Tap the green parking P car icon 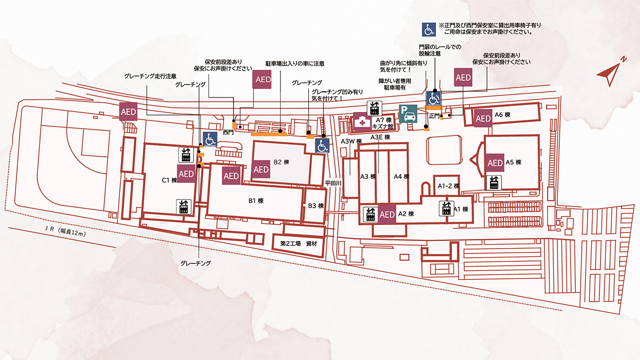[408, 114]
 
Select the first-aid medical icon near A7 [361, 121]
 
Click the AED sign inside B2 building [261, 169]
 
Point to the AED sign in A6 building [483, 118]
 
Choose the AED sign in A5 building [495, 163]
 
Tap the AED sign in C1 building [186, 173]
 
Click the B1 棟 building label [256, 201]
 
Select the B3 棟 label [316, 205]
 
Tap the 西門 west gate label [228, 133]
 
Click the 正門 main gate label [434, 115]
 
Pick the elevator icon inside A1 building [446, 208]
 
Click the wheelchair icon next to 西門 [210, 139]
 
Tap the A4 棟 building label [401, 176]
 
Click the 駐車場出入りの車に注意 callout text [295, 64]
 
